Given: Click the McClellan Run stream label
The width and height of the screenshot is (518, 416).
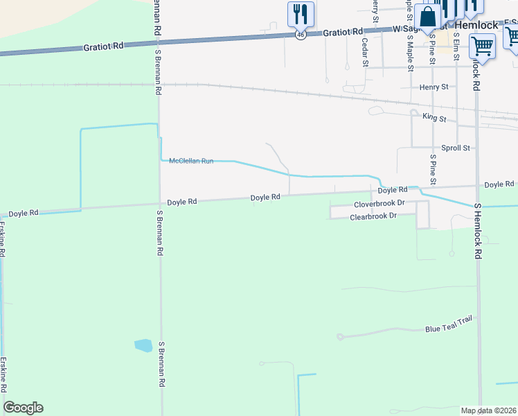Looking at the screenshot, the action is (191, 161).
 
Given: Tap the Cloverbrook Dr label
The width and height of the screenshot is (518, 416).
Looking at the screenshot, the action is (379, 205).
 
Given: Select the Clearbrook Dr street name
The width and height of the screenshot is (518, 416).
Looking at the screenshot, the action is (373, 217).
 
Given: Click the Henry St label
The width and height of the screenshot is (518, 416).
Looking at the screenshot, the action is (434, 87).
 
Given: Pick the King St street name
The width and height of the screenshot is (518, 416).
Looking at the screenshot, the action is (434, 118).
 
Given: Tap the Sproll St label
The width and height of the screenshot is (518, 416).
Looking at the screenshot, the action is (456, 148).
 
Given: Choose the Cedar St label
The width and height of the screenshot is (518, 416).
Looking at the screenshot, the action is (365, 53).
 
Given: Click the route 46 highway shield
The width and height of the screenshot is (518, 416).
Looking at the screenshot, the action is (300, 34).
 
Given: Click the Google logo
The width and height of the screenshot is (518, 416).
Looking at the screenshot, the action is (23, 408).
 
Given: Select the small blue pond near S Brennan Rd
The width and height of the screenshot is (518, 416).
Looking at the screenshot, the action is (143, 345).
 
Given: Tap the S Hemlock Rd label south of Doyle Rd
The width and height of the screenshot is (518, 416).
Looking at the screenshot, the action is (478, 232).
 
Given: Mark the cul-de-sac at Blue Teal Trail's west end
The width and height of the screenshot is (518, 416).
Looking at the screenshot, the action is (339, 337).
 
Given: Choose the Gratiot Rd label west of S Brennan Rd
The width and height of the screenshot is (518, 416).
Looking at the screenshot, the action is (103, 46).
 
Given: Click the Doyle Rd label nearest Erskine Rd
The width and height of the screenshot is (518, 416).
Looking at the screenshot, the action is (24, 213).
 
